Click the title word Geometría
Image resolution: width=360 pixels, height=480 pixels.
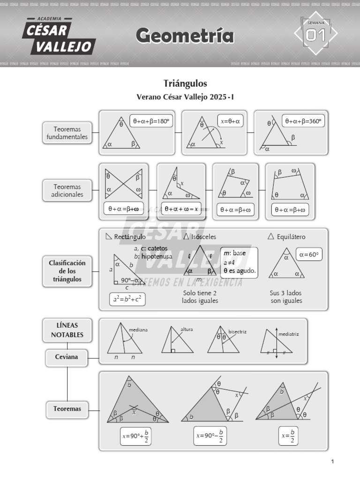(x=185, y=36)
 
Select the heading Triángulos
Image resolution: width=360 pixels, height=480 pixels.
(x=185, y=83)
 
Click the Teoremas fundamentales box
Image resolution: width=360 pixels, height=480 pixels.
(x=67, y=133)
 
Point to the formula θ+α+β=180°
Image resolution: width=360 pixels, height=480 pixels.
(x=150, y=121)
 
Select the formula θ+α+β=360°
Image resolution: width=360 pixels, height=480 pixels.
(x=303, y=121)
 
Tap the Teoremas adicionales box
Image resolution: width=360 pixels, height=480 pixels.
(x=67, y=190)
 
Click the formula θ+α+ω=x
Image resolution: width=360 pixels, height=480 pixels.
(x=180, y=209)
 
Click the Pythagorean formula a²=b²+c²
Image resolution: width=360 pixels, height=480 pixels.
(x=127, y=300)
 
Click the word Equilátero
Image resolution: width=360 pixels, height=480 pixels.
(x=291, y=237)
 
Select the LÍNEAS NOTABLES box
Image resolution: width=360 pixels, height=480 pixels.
(x=67, y=330)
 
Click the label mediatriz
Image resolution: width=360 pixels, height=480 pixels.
(x=288, y=334)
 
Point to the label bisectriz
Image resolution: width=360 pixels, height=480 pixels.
(x=237, y=331)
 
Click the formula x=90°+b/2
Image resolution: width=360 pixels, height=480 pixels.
(x=136, y=435)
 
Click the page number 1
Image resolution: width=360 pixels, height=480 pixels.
(x=332, y=462)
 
